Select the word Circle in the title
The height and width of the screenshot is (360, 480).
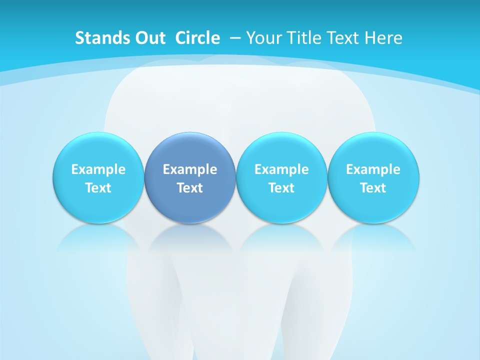[x=197, y=38]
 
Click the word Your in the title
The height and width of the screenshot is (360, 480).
[x=263, y=38]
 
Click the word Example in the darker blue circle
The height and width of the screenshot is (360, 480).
[x=190, y=169]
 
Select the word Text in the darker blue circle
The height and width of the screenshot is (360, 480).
[x=190, y=188]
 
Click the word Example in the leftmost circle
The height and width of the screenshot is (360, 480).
[x=98, y=169]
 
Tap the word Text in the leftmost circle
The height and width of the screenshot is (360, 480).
[x=98, y=188]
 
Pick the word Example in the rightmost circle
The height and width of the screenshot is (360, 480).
[x=373, y=169]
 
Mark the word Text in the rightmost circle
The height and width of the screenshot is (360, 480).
[x=373, y=188]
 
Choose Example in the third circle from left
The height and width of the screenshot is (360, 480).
[x=281, y=169]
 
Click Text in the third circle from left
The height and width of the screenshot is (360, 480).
[x=281, y=188]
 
